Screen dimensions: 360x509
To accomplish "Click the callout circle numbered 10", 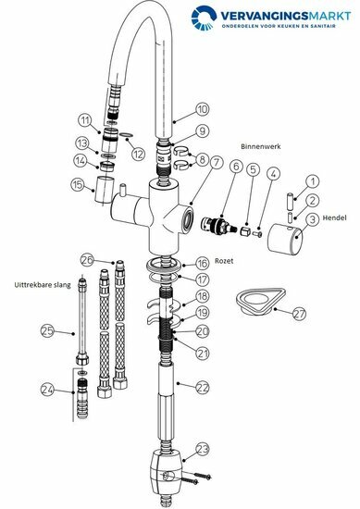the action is click(203, 109).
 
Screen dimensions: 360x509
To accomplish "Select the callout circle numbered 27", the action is click(299, 314).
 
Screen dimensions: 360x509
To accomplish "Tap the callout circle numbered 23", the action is click(203, 450).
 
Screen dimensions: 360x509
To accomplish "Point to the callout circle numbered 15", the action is click(77, 185).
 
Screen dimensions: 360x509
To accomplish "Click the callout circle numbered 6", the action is click(236, 167).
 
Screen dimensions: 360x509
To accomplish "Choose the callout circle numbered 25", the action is click(47, 331).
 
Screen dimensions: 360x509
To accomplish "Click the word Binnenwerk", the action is click(261, 146).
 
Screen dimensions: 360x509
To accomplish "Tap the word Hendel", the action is click(334, 217).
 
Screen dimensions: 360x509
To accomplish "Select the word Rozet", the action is click(224, 261).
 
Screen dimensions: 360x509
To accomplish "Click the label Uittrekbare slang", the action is click(43, 285).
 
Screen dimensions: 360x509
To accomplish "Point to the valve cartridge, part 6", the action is click(219, 225).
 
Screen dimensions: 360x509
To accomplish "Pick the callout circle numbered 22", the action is click(203, 388).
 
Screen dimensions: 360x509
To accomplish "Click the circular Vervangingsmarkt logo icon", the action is click(204, 18).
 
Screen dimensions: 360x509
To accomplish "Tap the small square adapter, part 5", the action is click(246, 231).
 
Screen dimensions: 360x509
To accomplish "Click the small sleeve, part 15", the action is click(105, 189).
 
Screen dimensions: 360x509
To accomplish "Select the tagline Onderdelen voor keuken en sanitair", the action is click(279, 26).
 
